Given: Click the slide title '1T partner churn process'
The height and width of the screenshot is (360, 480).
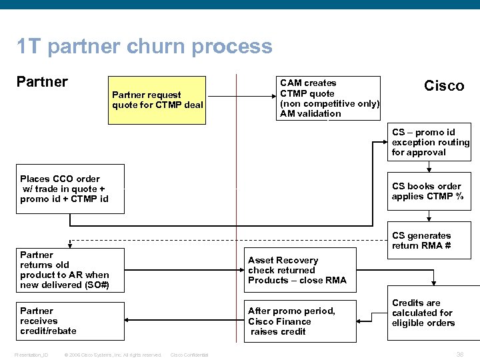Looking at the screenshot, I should (x=145, y=47).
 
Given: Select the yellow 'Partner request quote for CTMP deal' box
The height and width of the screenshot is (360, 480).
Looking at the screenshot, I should (x=157, y=100).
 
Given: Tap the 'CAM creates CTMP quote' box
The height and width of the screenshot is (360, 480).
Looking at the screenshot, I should (x=329, y=98).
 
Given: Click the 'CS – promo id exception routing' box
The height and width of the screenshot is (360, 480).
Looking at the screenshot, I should (x=429, y=142).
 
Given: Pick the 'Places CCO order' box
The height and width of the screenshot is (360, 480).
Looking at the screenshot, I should (x=71, y=189).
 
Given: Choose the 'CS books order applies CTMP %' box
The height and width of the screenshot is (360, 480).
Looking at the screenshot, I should (x=429, y=191).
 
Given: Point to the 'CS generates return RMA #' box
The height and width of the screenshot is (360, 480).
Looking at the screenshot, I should (x=429, y=241).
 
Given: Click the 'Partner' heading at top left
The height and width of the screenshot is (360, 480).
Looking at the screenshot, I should (x=41, y=82).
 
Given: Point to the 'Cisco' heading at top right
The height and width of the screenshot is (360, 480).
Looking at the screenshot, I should (x=444, y=86).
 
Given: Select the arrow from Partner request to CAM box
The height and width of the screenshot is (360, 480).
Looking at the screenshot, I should (x=240, y=99).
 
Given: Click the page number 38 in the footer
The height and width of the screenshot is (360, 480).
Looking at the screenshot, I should (x=459, y=354).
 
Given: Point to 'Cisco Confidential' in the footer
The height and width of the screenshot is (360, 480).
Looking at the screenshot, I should (x=189, y=355).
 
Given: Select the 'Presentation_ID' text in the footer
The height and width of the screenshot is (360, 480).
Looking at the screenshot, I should (x=31, y=355).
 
